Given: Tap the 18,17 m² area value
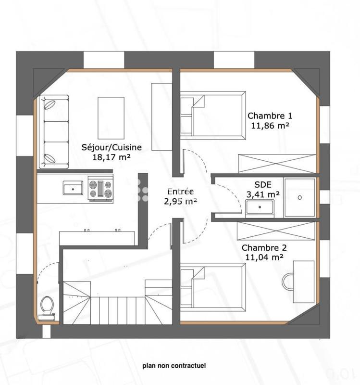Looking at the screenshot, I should point(112,157).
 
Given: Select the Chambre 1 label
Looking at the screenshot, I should point(269,115).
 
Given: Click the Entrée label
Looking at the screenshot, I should point(180,191).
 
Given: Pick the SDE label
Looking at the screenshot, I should point(262,184).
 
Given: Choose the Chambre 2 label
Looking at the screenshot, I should point(264,248).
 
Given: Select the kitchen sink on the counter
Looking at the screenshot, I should point(73,188).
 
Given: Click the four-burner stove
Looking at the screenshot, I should point(100,188).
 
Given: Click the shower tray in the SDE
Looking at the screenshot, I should point(299,197).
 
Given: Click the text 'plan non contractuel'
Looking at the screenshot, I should point(174,366).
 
